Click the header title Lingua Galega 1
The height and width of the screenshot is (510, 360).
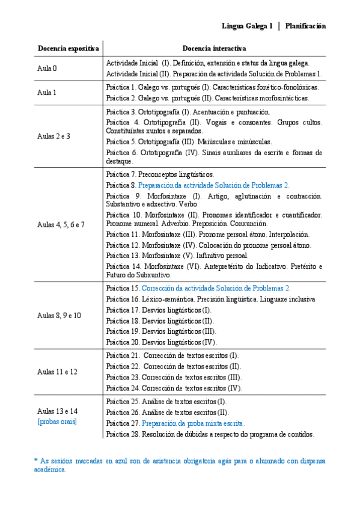[247, 26]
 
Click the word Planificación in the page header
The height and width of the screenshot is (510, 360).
[306, 26]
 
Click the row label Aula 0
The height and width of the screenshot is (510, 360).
[47, 68]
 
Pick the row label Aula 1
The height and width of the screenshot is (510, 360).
[47, 93]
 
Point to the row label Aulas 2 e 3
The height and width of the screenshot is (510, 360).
[54, 136]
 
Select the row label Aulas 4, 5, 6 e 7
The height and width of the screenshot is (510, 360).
[61, 224]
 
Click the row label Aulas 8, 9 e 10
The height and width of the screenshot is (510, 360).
[59, 315]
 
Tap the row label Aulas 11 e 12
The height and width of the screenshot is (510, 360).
[56, 372]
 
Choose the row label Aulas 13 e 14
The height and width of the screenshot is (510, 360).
[57, 411]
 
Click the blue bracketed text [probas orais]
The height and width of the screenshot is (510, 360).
[57, 422]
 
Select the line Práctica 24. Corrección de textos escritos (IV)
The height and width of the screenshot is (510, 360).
[174, 388]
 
